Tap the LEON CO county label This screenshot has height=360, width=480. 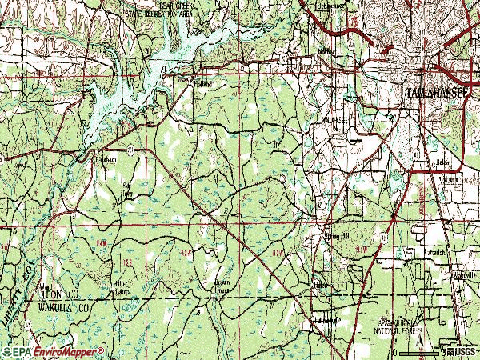57,294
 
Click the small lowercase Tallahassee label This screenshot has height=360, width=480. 336,119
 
